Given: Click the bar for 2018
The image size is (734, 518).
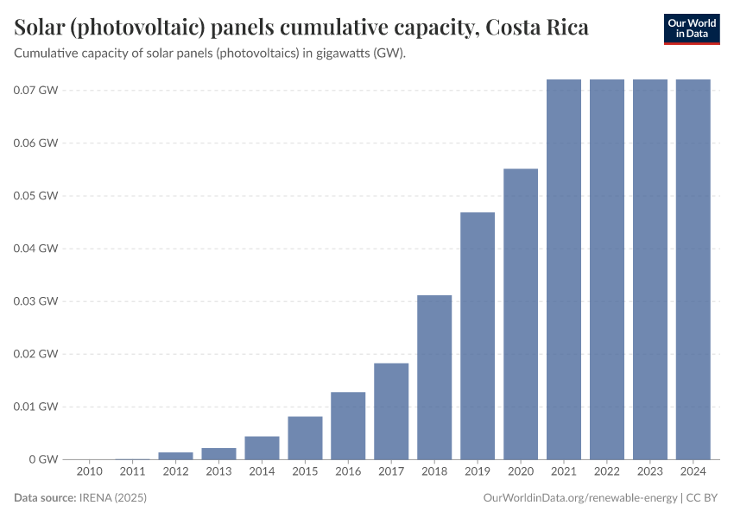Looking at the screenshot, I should [434, 377].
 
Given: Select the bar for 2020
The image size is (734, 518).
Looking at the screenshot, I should [521, 314].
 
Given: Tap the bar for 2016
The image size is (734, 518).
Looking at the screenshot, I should [348, 426].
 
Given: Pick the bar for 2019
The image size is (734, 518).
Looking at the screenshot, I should [478, 336].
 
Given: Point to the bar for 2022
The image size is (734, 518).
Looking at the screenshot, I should [607, 269].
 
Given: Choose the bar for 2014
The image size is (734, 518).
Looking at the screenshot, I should [262, 448].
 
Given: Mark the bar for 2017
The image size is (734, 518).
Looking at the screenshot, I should [391, 411].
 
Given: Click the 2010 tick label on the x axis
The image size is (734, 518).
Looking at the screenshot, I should [89, 471].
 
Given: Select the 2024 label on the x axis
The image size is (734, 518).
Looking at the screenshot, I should [693, 471].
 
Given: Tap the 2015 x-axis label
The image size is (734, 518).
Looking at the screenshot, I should [305, 471].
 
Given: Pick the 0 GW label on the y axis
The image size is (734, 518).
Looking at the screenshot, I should [42, 459].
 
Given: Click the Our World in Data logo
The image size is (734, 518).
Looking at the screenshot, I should [692, 28].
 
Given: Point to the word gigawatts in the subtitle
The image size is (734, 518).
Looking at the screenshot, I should [316, 54].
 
